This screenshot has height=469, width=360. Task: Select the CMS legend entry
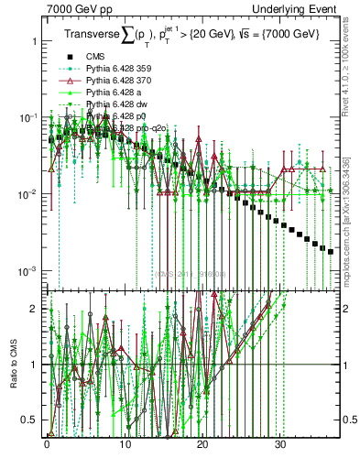click(95, 58)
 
